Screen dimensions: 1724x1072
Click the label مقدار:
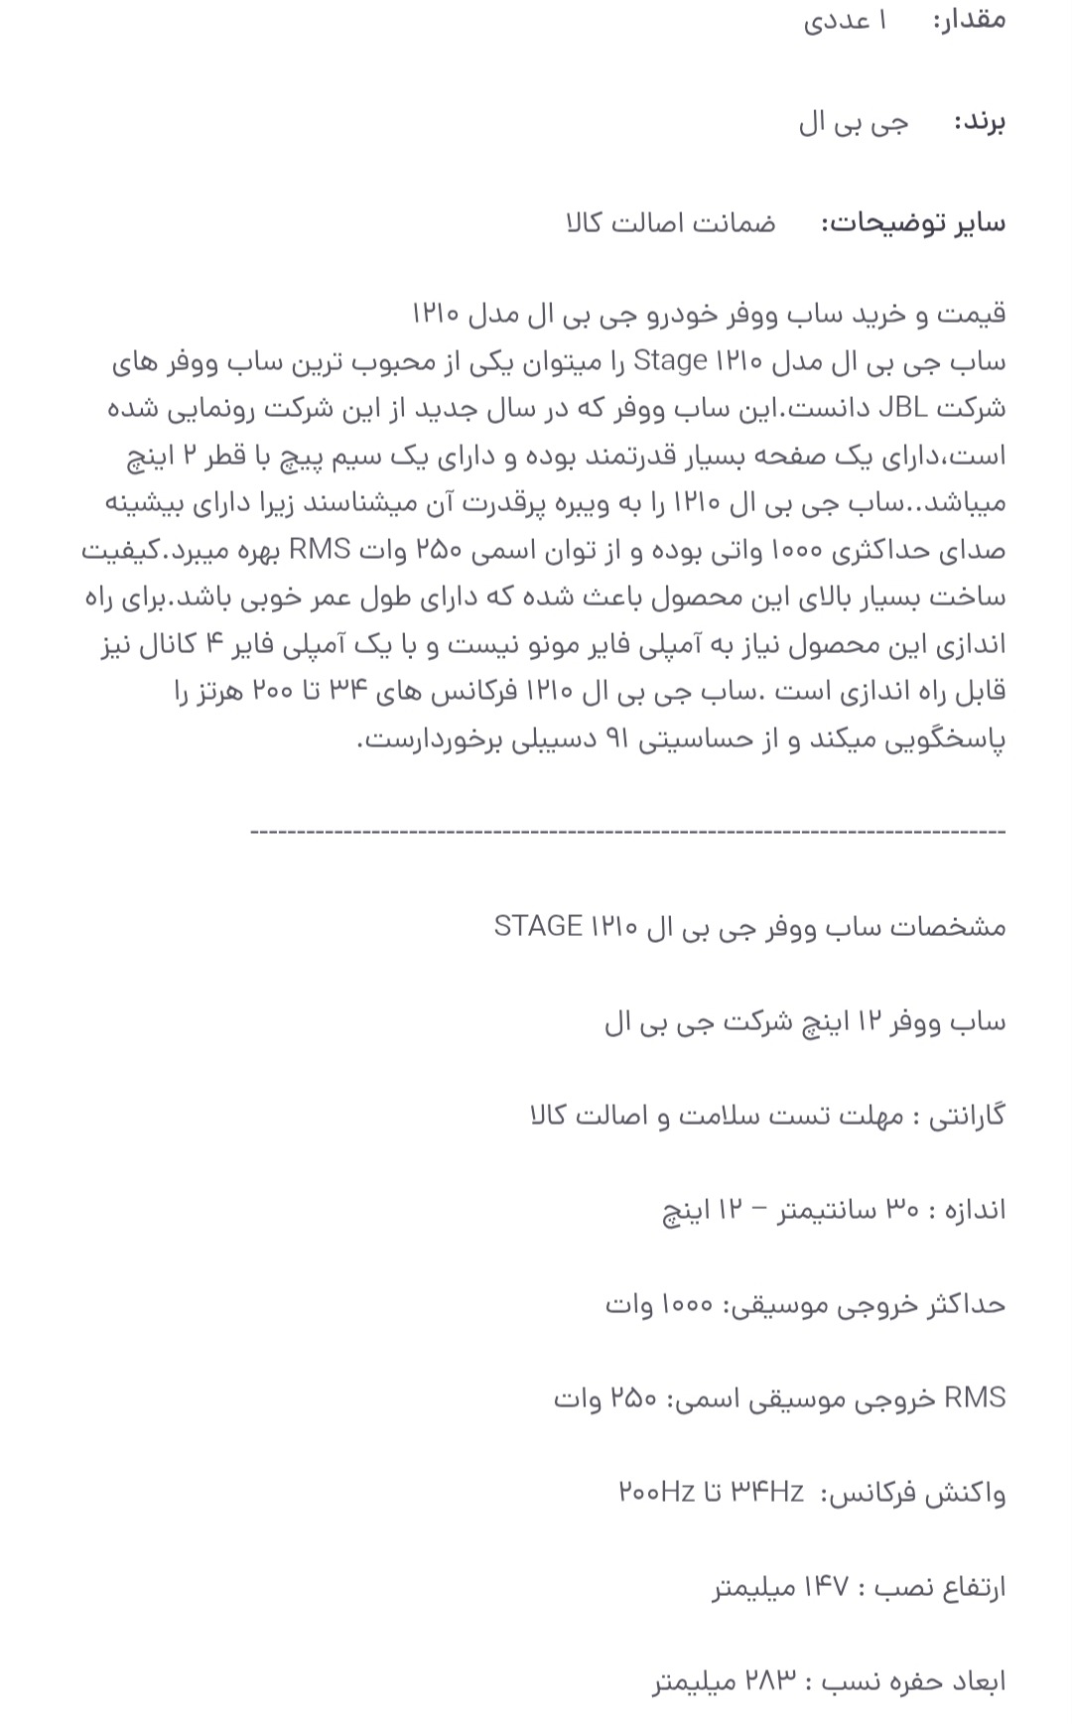(969, 20)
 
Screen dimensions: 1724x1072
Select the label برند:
(979, 122)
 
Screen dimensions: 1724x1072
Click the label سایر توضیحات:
(913, 222)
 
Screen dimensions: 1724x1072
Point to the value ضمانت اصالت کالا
(670, 222)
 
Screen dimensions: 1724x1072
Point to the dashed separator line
(627, 831)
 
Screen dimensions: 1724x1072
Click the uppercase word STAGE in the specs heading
(537, 926)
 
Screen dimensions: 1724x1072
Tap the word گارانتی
(967, 1116)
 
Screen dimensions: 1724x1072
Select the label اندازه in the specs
(971, 1209)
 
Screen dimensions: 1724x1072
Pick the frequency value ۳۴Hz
(767, 1491)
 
